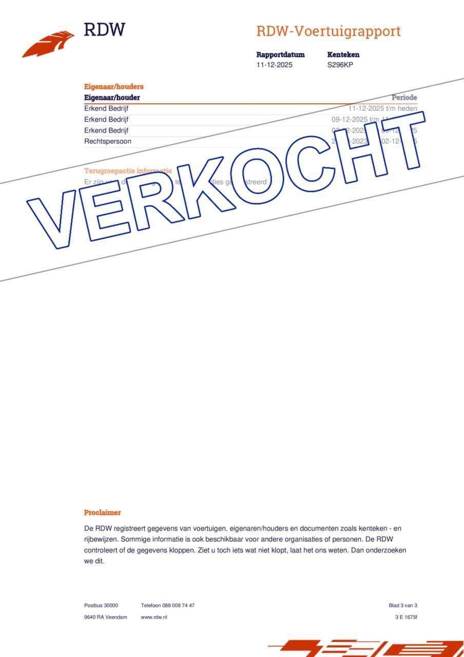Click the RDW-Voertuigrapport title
[x=328, y=31]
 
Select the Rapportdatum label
[x=280, y=54]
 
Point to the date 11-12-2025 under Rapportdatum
[x=274, y=65]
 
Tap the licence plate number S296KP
[x=340, y=65]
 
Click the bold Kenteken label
[x=343, y=54]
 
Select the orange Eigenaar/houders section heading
[x=113, y=87]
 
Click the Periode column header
[x=404, y=98]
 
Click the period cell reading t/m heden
[x=382, y=109]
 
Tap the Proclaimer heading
[x=102, y=512]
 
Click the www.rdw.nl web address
[x=154, y=617]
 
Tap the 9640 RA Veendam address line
[x=105, y=617]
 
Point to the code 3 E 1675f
[x=406, y=617]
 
